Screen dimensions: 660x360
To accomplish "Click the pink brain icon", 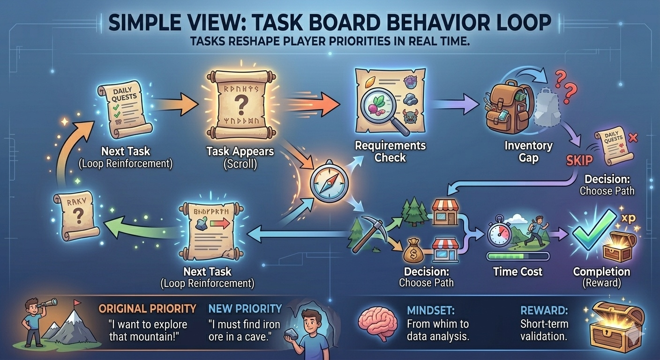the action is click(x=375, y=324).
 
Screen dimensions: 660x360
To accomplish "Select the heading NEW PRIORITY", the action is click(x=245, y=308).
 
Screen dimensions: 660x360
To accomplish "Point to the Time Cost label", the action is click(x=517, y=271).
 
